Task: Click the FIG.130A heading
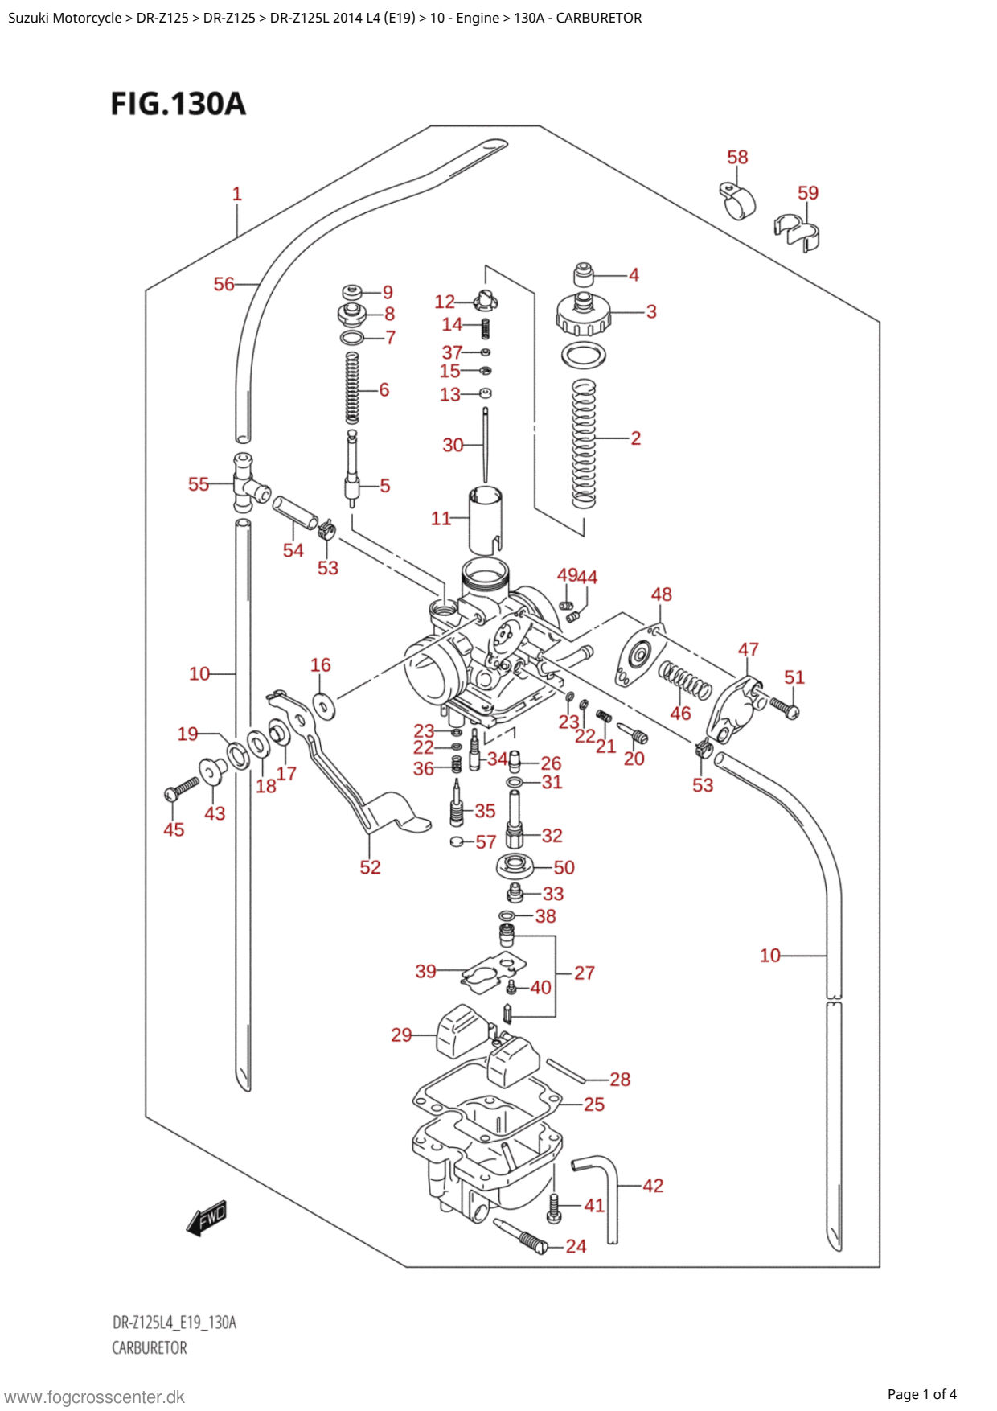tap(178, 104)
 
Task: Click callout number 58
tap(737, 157)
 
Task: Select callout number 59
tap(808, 193)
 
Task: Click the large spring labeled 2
tap(584, 443)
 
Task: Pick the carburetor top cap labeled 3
tap(584, 314)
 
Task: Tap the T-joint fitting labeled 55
tap(249, 483)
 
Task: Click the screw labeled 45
tap(182, 787)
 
